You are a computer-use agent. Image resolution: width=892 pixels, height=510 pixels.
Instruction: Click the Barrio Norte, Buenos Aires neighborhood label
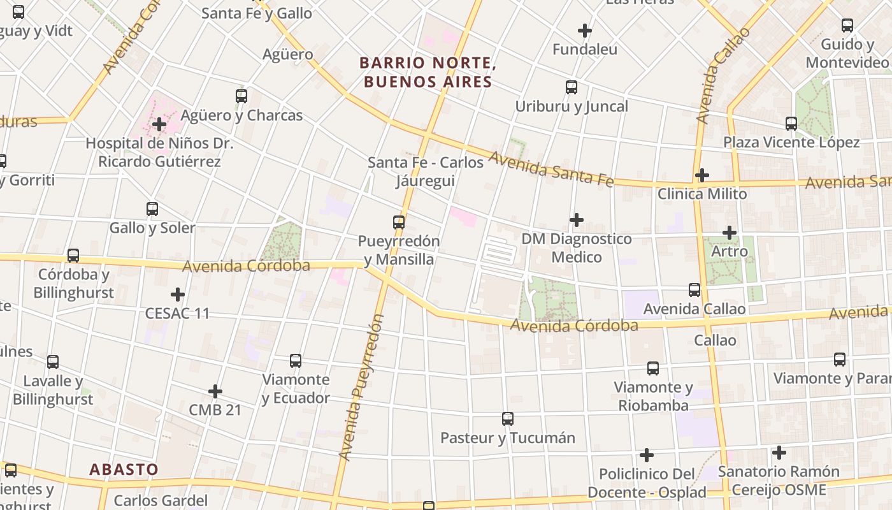427,72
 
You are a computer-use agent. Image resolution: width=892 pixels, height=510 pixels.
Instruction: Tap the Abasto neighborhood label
124,470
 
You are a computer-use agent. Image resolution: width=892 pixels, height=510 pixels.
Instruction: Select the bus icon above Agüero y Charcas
241,96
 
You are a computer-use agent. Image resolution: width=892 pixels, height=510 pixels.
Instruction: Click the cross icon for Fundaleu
584,30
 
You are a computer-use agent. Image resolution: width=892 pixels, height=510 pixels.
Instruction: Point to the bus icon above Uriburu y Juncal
572,87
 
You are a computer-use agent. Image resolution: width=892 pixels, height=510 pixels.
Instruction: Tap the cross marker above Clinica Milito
702,175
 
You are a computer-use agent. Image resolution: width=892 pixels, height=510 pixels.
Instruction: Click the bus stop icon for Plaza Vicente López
791,124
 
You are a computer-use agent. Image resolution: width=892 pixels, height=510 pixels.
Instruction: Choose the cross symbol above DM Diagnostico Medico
577,220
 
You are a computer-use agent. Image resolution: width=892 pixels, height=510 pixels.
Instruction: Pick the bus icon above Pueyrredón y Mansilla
399,222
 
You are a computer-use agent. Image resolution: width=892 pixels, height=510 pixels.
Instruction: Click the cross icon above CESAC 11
178,295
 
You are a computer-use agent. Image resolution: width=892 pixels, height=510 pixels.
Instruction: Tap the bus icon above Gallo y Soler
152,208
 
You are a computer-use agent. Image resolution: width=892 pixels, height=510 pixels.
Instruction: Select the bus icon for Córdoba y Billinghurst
73,256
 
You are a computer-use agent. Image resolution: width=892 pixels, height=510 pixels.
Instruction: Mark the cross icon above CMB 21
215,391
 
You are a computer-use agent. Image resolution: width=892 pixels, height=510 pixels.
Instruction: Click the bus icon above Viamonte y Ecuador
296,361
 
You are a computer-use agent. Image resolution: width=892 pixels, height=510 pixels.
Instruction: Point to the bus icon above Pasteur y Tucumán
508,419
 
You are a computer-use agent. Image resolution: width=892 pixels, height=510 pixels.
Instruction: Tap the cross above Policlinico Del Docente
647,455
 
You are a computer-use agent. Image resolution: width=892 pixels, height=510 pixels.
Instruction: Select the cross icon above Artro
730,233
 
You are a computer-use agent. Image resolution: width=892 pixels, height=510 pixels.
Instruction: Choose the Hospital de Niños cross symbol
159,124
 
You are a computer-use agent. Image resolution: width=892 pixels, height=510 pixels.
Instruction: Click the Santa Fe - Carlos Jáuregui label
426,171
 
